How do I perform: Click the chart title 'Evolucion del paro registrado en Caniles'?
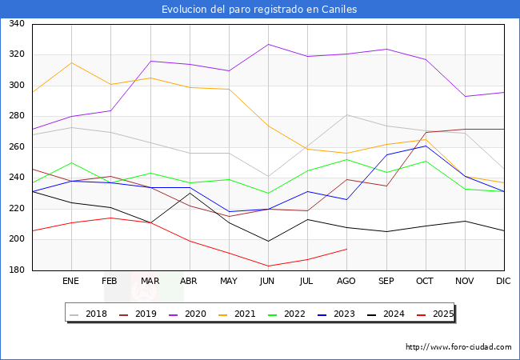coord(259,10)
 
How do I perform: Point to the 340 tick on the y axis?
coord(17,24)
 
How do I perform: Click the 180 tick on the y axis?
coord(17,270)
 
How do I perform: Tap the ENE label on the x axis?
coord(71,282)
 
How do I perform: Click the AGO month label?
coord(346,282)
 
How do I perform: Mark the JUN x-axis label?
coord(268,282)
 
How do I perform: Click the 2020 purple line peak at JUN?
coord(268,44)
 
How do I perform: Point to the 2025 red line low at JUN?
coord(268,266)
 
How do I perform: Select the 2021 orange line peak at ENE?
coord(71,62)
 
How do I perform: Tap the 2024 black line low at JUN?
coord(268,241)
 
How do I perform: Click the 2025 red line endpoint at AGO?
coord(346,249)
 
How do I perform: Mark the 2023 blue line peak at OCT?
coord(426,146)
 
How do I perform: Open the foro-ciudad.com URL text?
coord(458,347)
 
